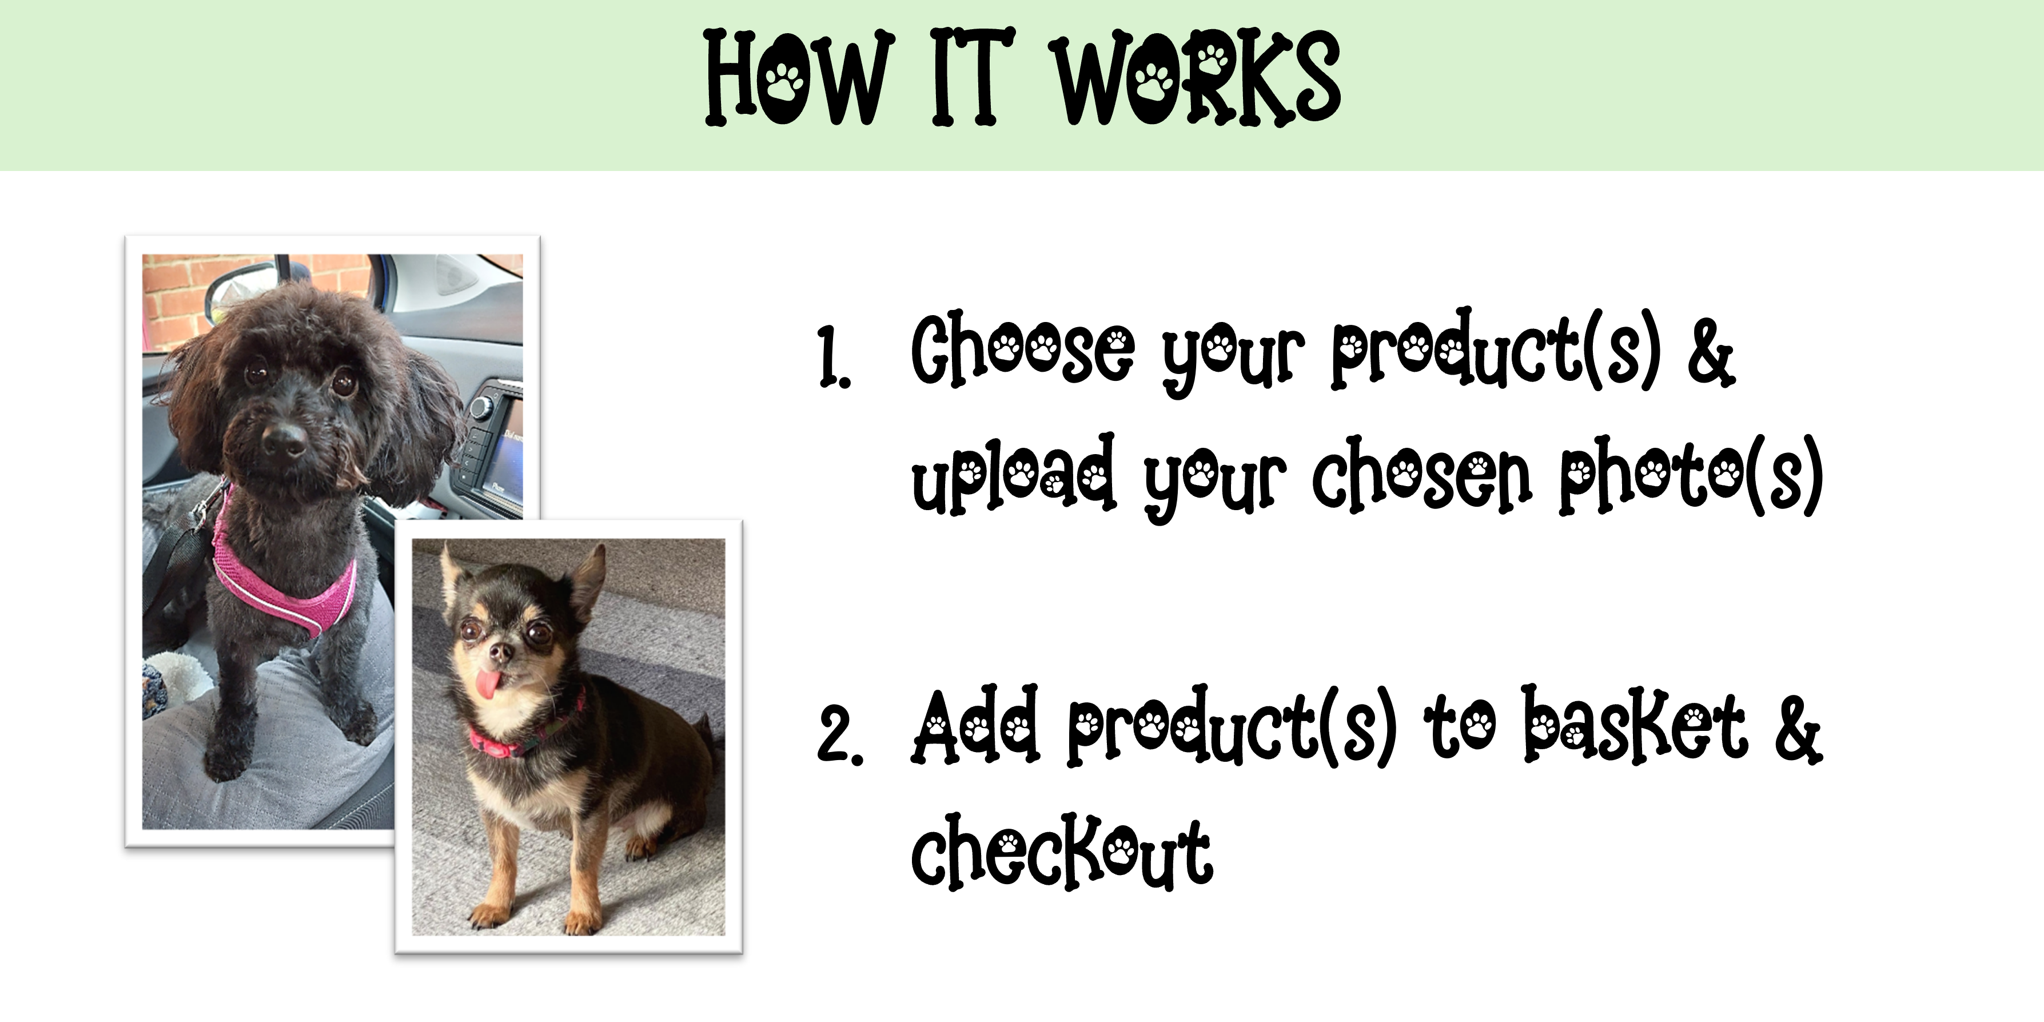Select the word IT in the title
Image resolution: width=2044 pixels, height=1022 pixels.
tap(973, 78)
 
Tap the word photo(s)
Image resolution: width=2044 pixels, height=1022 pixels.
tap(1691, 476)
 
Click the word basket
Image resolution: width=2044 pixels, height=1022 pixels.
tap(1635, 726)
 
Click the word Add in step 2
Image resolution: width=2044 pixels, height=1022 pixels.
tap(975, 726)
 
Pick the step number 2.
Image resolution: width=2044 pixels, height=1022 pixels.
tap(839, 737)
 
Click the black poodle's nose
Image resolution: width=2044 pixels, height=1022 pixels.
tap(283, 439)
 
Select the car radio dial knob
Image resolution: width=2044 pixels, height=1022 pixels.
tap(481, 407)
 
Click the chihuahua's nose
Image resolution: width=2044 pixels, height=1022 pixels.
tap(501, 652)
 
